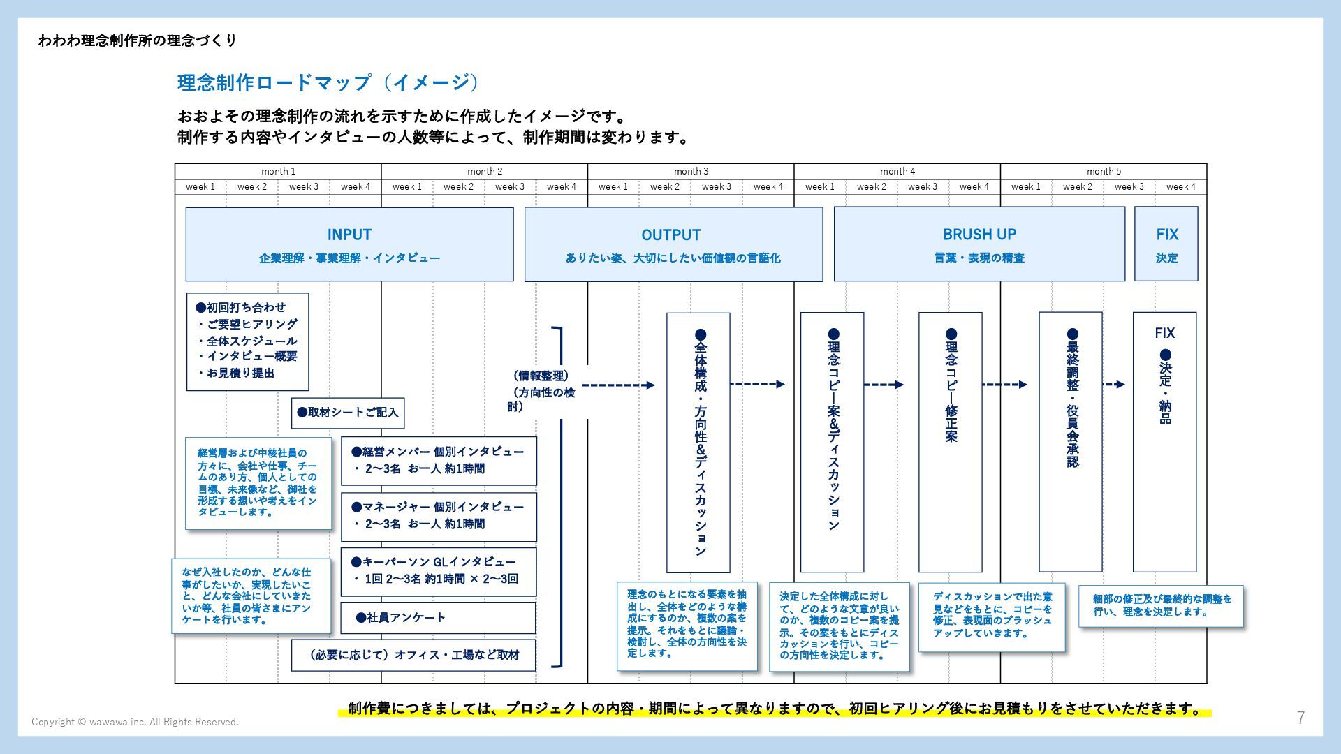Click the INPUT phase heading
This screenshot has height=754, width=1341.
click(349, 235)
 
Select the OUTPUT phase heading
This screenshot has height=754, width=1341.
click(670, 235)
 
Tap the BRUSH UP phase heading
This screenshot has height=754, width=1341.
click(979, 235)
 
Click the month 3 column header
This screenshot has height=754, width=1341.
click(691, 171)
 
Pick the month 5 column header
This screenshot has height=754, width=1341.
click(1104, 171)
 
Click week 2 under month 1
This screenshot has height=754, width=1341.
click(251, 187)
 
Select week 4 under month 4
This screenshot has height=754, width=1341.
click(974, 187)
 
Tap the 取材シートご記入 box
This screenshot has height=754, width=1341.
click(348, 413)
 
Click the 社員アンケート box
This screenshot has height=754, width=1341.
click(438, 618)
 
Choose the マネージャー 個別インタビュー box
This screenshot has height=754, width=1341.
click(439, 516)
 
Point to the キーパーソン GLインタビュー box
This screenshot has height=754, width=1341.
click(439, 571)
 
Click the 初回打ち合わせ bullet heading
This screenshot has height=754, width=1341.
click(242, 307)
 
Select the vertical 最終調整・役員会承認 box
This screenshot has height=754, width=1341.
click(1071, 441)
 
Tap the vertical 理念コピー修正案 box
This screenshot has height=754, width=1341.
click(951, 441)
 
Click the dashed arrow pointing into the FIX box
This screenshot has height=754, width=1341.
click(1113, 385)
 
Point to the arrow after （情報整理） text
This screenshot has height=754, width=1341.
click(618, 385)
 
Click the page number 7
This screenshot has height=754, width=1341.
click(1300, 718)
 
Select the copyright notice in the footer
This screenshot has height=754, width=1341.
click(135, 722)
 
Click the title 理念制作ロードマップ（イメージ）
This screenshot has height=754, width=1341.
click(329, 82)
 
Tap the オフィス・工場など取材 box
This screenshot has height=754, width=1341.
click(413, 655)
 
